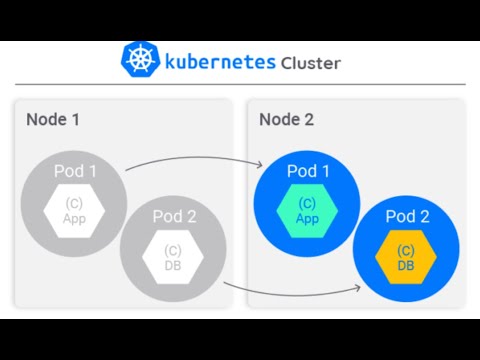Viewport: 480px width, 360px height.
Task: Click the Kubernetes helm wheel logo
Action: (139, 60)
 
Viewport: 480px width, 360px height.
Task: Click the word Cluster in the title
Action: (310, 62)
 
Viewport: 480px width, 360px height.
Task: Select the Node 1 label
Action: (53, 120)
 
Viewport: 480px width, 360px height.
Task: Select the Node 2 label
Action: (286, 120)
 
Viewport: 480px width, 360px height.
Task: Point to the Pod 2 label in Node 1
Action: (174, 216)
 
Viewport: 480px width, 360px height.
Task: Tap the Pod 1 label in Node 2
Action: (308, 171)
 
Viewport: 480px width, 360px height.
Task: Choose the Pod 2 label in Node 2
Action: (406, 217)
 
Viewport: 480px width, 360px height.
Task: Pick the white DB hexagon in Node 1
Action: (173, 256)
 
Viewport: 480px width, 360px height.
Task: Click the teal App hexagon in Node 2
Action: (308, 210)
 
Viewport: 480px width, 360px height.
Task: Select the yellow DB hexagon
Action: (406, 257)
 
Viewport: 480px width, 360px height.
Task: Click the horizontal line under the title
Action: (240, 84)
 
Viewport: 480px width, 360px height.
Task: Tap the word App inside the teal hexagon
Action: (308, 218)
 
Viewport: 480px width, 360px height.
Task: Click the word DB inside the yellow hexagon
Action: (406, 265)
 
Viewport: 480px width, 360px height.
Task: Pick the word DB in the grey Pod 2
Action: (173, 264)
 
